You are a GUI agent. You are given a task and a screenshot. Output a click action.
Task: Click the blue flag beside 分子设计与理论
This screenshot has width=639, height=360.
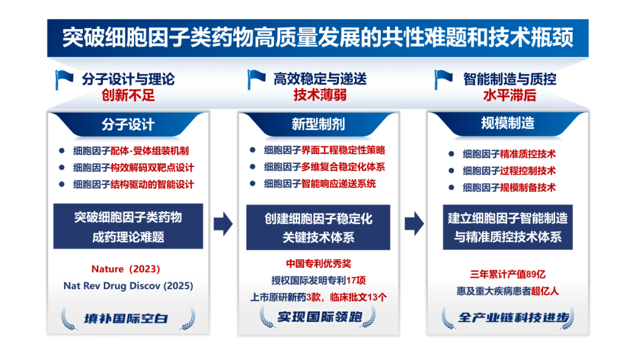pyautogui.click(x=64, y=78)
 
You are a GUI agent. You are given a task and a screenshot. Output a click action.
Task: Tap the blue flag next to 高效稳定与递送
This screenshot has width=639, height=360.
pyautogui.click(x=256, y=78)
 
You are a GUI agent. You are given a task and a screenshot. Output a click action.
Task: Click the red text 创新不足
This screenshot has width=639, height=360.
pyautogui.click(x=128, y=94)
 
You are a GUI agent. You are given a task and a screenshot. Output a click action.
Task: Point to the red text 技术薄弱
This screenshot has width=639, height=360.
pyautogui.click(x=320, y=94)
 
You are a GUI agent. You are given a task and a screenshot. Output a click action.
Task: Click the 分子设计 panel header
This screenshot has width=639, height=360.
pyautogui.click(x=128, y=124)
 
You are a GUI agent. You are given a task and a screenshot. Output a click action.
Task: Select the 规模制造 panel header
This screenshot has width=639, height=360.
pyautogui.click(x=508, y=123)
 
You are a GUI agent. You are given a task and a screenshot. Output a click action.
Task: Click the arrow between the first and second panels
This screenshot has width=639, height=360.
pyautogui.click(x=223, y=223)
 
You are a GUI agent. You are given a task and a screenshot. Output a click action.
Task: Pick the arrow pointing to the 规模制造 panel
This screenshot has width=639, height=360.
pyautogui.click(x=414, y=223)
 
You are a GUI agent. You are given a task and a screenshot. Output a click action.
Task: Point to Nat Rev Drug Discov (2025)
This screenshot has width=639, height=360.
pyautogui.click(x=128, y=285)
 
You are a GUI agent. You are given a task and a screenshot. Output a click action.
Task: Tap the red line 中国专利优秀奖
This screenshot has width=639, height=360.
pyautogui.click(x=319, y=263)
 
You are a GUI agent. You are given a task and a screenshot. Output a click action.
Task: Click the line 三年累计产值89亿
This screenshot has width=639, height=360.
pyautogui.click(x=508, y=274)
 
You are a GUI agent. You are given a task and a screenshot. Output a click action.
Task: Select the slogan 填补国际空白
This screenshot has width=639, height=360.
pyautogui.click(x=128, y=319)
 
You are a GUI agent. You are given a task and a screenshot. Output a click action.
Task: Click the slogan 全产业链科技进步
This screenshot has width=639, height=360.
pyautogui.click(x=508, y=317)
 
